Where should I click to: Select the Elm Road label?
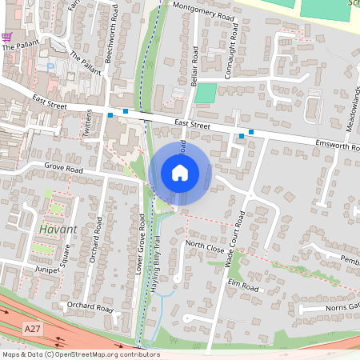point(244,286)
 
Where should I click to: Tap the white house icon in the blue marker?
point(180,172)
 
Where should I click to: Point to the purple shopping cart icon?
point(7,37)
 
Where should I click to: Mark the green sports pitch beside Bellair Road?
point(206,93)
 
